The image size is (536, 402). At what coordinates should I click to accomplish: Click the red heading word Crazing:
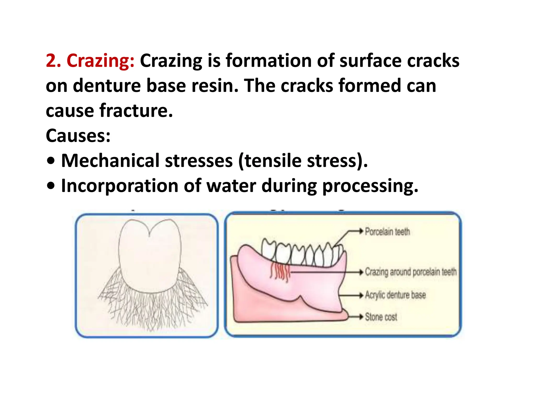click(100, 61)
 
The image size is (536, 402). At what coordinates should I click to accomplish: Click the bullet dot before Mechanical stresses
click(51, 161)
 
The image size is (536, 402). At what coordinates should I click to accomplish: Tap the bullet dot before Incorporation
click(51, 186)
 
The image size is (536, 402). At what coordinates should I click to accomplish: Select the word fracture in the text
click(136, 110)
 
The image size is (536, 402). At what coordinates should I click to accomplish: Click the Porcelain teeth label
click(387, 232)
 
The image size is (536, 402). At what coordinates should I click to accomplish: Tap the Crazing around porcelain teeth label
click(411, 272)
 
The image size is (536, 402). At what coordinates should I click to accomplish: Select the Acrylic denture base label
click(395, 295)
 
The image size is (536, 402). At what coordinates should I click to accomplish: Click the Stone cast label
click(381, 317)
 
